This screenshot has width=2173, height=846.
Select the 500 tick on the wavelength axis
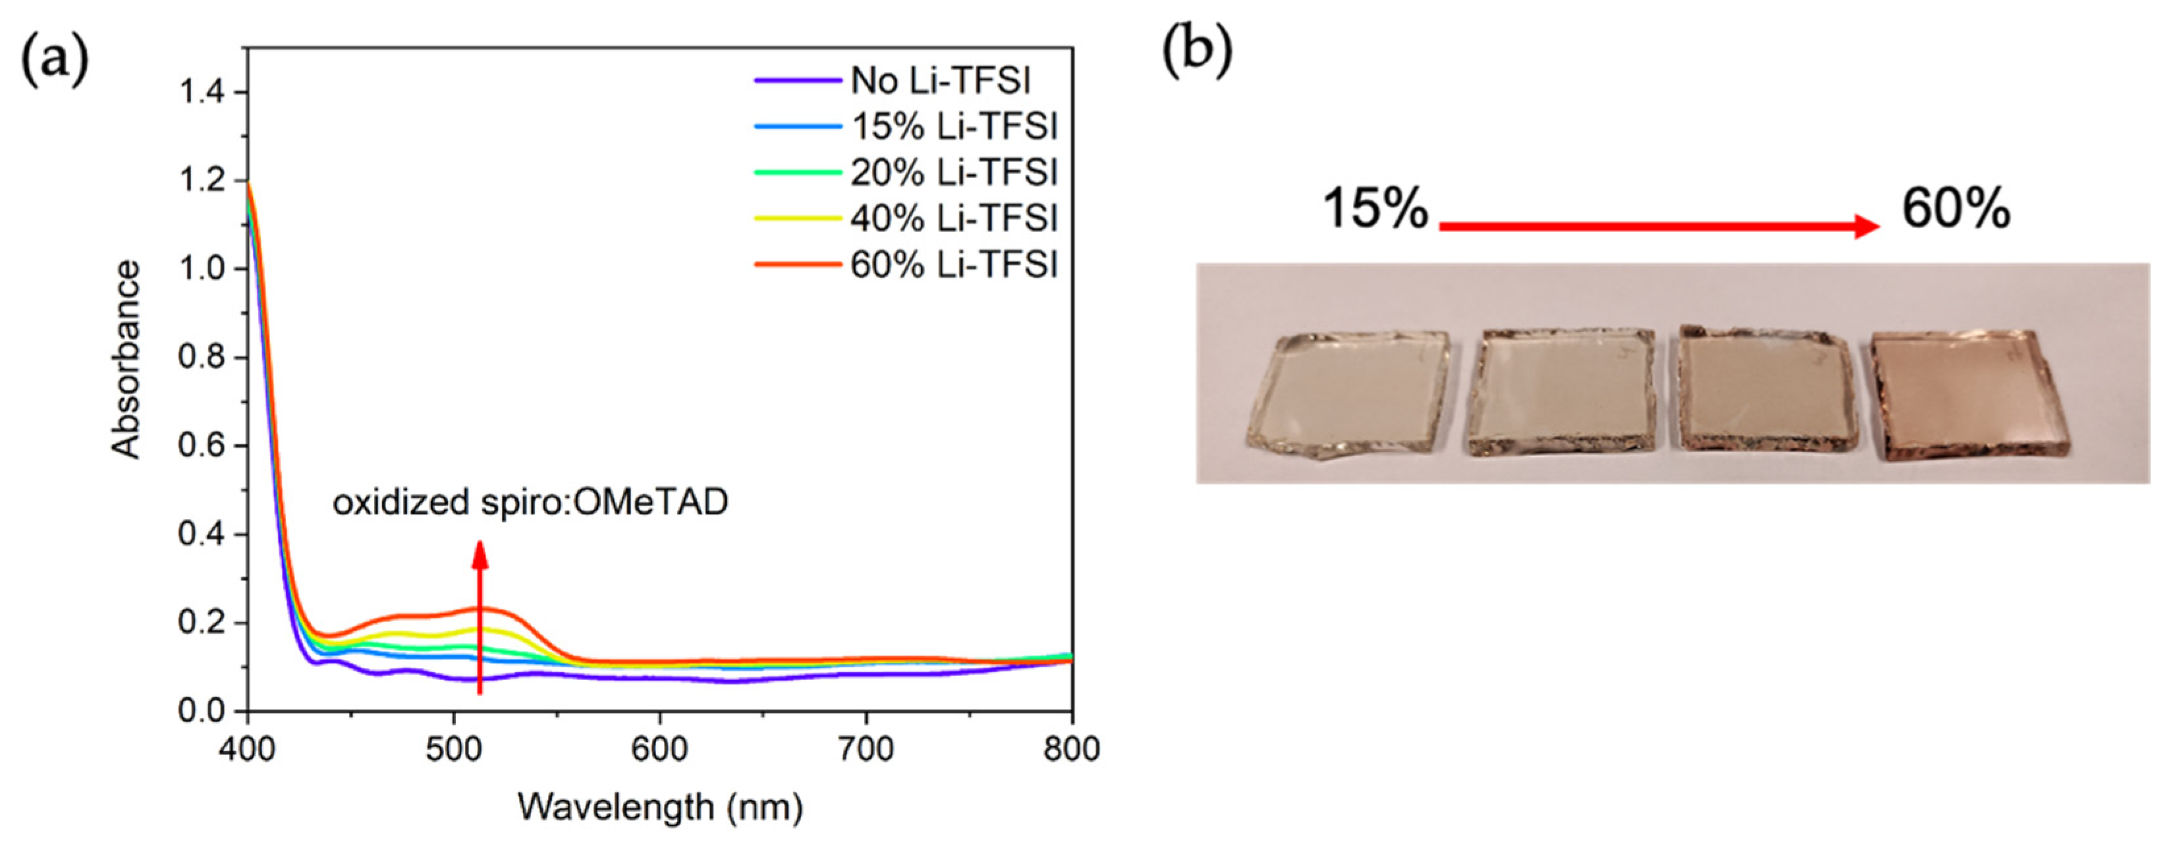453,749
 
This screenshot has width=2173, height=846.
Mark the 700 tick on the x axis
866,749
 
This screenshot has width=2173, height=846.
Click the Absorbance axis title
126,359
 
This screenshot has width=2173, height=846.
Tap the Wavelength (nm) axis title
659,807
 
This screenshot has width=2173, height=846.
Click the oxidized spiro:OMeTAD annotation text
530,503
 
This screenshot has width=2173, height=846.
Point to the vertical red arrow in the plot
479,616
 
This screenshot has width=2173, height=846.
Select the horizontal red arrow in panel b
1659,226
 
